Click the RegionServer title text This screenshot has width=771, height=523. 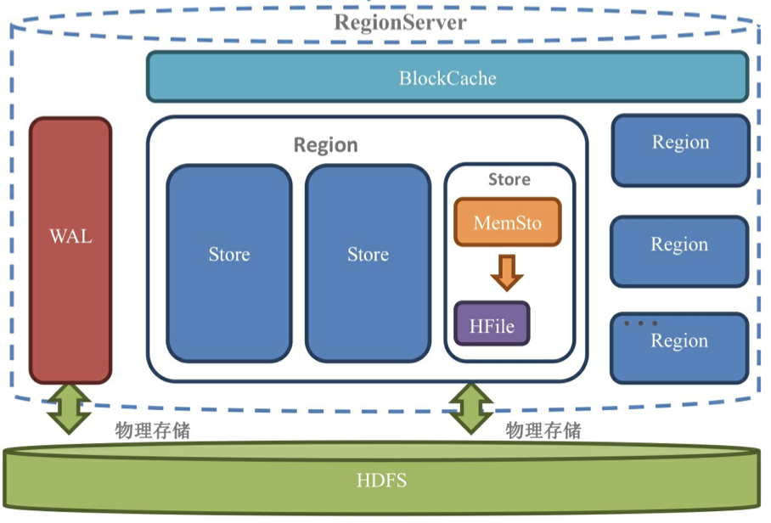coord(399,22)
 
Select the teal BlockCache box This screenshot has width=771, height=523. coord(447,77)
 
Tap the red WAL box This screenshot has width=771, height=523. coord(70,250)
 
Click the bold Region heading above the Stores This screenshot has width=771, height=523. coord(325,145)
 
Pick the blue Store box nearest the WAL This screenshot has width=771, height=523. coord(229,263)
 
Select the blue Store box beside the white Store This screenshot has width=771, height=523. coord(368,263)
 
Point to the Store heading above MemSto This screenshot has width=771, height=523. coord(509,180)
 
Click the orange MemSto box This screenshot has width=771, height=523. coord(507,223)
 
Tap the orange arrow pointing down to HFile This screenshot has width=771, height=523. coord(507,273)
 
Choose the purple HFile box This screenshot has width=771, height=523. coord(492,324)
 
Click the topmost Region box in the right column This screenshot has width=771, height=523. coord(680,150)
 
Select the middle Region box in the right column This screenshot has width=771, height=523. coord(679,251)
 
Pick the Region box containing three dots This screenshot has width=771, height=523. coord(679,347)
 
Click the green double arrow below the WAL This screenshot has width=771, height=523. coord(70,408)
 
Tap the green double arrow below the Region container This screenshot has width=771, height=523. coord(470,408)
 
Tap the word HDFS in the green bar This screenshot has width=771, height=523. coord(381,481)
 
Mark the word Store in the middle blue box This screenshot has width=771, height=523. coord(368,255)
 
